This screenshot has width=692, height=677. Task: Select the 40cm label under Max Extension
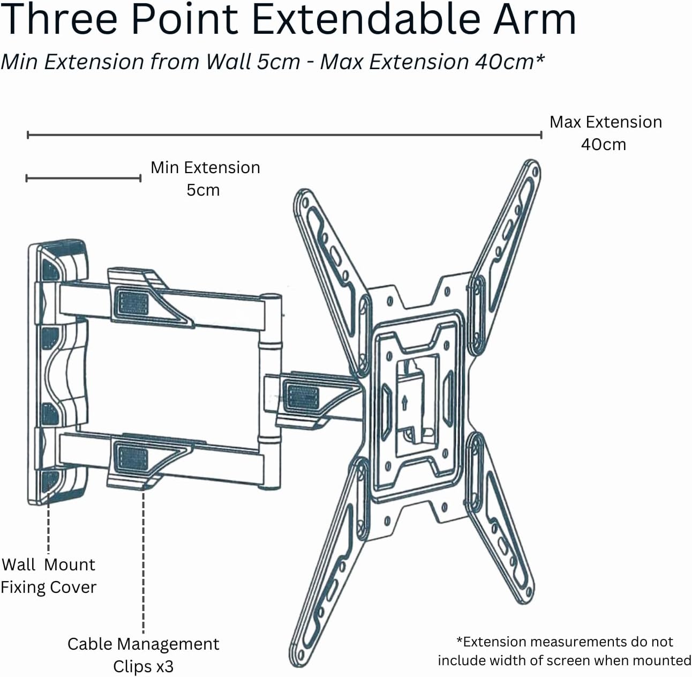click(x=604, y=145)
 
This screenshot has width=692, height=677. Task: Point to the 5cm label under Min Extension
click(x=203, y=190)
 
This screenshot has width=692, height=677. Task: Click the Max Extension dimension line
click(x=284, y=135)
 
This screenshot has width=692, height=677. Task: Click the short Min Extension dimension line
click(x=84, y=178)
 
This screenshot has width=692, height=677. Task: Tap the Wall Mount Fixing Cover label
click(x=48, y=576)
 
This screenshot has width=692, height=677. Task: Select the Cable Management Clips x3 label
click(x=144, y=655)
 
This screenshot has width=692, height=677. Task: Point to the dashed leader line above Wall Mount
click(x=49, y=522)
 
